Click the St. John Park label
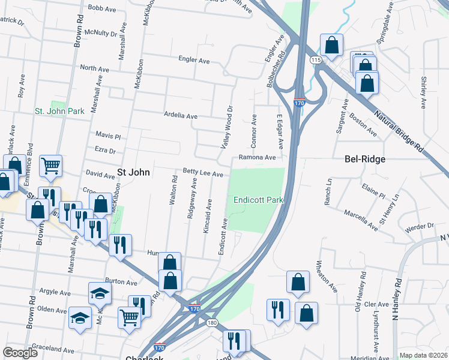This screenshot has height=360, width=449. click(x=59, y=111)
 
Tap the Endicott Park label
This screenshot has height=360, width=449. click(x=258, y=200)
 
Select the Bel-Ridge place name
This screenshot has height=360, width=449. click(x=364, y=160)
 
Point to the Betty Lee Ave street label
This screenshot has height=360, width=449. click(x=203, y=174)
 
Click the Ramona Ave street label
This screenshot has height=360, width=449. click(x=257, y=158)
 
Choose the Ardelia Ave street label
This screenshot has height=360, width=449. click(x=181, y=115)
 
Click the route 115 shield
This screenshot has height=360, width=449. click(x=316, y=61)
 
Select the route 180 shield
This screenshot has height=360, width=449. click(x=212, y=323)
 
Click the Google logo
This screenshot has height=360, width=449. click(x=20, y=352)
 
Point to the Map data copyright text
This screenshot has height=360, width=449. click(x=423, y=355)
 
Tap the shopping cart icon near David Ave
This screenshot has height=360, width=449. click(x=51, y=165)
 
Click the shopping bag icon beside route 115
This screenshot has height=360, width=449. click(x=331, y=44)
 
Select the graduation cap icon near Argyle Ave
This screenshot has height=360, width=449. click(x=100, y=292)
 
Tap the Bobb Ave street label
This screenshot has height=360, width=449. click(x=101, y=8)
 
